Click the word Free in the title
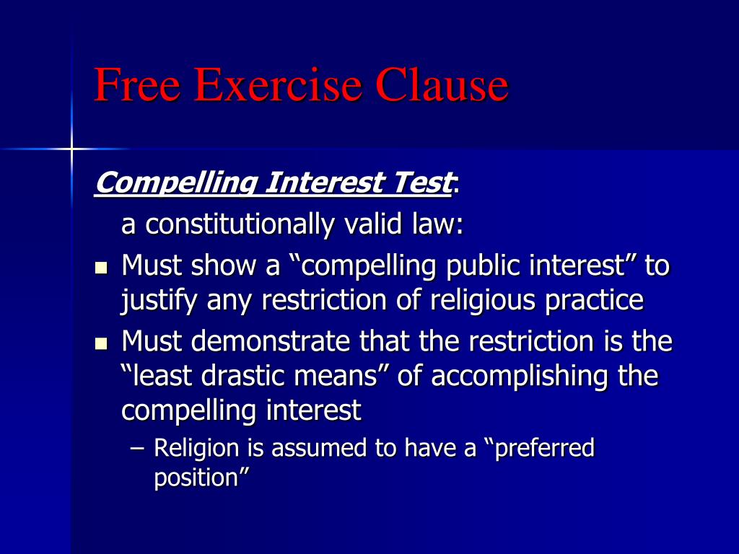click(135, 84)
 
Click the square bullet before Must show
click(101, 269)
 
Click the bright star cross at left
click(71, 149)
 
